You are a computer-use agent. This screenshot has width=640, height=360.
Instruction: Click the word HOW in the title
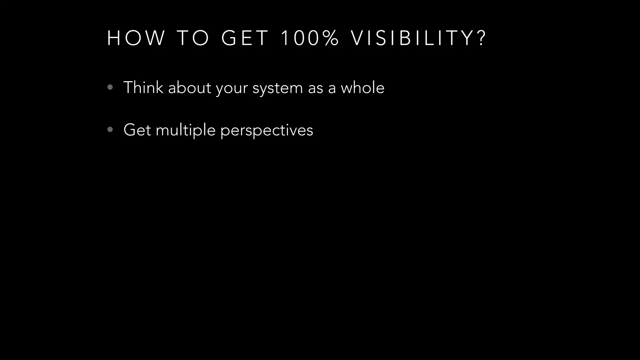pyautogui.click(x=136, y=38)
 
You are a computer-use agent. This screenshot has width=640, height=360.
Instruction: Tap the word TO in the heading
pyautogui.click(x=193, y=38)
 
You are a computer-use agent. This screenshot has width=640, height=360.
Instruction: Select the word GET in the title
pyautogui.click(x=245, y=38)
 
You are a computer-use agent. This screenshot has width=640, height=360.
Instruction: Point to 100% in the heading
pyautogui.click(x=309, y=38)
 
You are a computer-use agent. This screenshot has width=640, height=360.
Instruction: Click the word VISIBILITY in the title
pyautogui.click(x=412, y=38)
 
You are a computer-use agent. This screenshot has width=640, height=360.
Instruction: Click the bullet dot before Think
pyautogui.click(x=110, y=87)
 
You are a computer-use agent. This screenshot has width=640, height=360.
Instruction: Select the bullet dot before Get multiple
pyautogui.click(x=110, y=130)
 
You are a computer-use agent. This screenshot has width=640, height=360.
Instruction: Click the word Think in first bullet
pyautogui.click(x=143, y=87)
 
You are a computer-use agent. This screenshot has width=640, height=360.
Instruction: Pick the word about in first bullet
pyautogui.click(x=189, y=87)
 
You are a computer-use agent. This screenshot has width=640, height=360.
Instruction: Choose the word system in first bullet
pyautogui.click(x=277, y=88)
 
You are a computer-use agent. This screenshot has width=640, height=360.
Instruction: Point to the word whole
pyautogui.click(x=362, y=87)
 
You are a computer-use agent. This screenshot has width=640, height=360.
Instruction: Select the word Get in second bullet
pyautogui.click(x=137, y=130)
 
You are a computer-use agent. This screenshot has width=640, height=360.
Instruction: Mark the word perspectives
pyautogui.click(x=267, y=131)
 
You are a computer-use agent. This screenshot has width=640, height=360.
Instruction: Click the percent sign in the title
pyautogui.click(x=331, y=38)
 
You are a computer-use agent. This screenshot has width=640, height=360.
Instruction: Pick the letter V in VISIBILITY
pyautogui.click(x=357, y=38)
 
